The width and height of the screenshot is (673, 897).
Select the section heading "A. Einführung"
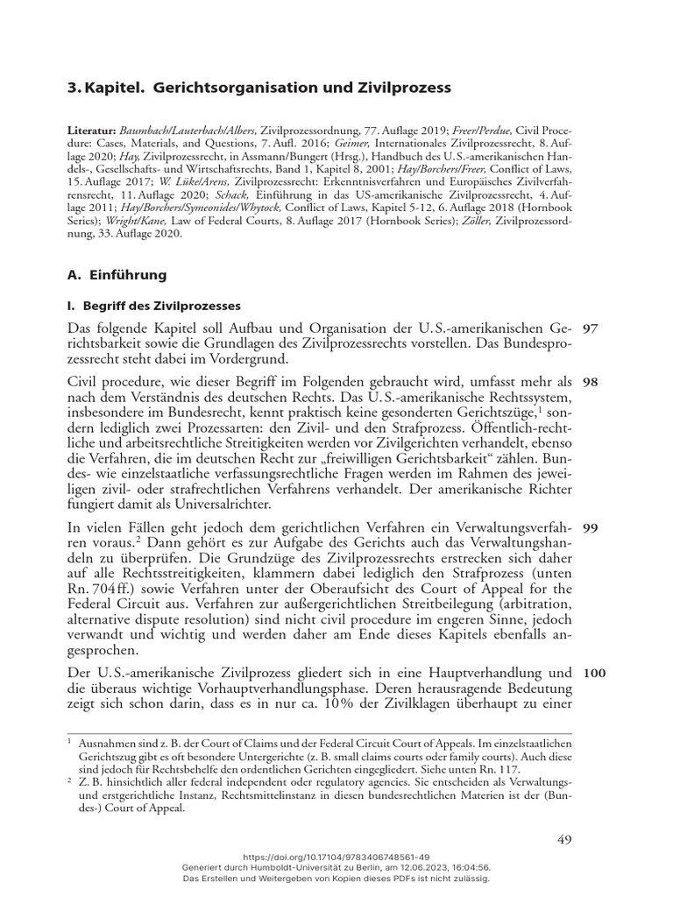tap(117, 275)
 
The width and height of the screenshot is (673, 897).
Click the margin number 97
tap(590, 328)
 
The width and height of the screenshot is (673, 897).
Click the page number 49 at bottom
tap(563, 839)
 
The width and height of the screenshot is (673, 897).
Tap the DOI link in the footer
tap(336, 856)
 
